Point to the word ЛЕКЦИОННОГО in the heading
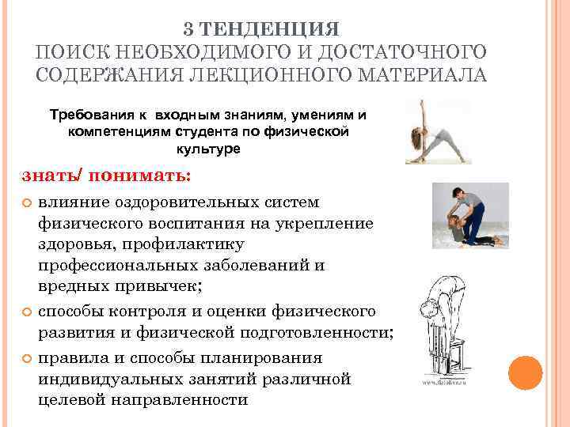[x=276, y=76]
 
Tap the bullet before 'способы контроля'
[x=24, y=311]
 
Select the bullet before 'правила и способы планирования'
[x=24, y=359]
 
